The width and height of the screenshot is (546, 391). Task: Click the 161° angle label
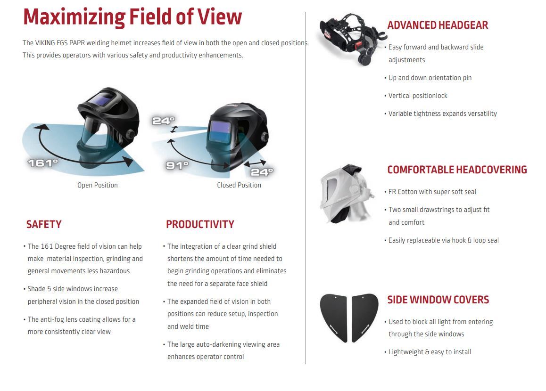point(42,163)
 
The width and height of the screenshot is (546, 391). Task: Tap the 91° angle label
point(177,165)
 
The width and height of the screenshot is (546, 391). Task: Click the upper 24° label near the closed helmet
point(163,121)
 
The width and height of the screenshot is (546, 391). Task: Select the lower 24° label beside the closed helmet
point(262,172)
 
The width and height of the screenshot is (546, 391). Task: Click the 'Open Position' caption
point(98,185)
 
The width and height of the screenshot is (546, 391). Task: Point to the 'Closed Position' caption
point(239,185)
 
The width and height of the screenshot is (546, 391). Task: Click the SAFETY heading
point(44,224)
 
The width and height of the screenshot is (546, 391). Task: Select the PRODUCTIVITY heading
point(200,224)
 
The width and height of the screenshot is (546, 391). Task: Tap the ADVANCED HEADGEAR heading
point(438,25)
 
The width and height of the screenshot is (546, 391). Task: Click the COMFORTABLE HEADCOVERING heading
point(457,170)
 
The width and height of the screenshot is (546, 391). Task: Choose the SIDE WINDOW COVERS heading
point(438,300)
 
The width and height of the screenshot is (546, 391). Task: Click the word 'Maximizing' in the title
point(74,16)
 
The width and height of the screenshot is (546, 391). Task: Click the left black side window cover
point(334,317)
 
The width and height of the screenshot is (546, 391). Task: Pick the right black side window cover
point(364,317)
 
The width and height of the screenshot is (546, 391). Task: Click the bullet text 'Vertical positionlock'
point(418,96)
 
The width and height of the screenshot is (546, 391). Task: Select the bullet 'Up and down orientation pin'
point(430,78)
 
